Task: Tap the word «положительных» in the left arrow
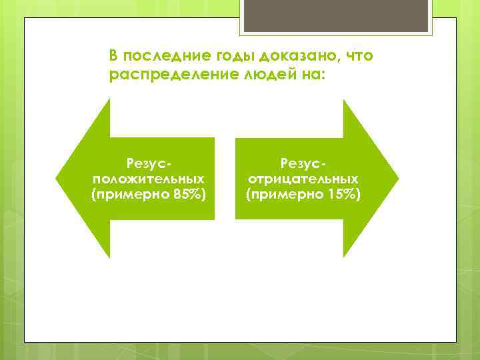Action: (149, 179)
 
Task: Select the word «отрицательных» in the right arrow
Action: (303, 179)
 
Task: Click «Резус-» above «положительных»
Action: (149, 163)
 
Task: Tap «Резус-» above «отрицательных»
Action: (303, 163)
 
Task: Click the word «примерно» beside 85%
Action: (130, 194)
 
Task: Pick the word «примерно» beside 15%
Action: (285, 194)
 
